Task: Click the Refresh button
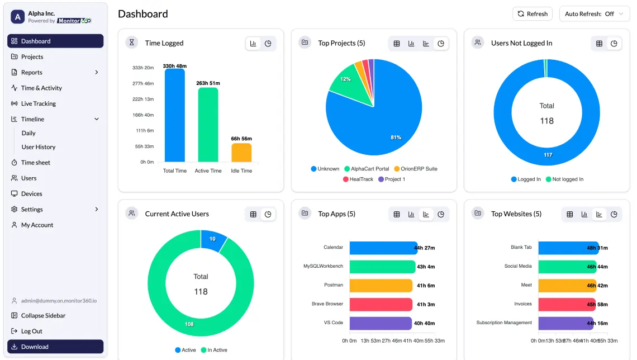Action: pos(532,14)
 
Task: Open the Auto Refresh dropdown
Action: pos(595,14)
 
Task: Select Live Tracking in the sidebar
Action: pos(38,103)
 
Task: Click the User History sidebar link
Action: pos(38,147)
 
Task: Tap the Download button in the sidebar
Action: pos(55,347)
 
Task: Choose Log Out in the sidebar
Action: pos(31,331)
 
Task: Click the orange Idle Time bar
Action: pos(241,153)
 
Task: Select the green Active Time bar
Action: pos(208,125)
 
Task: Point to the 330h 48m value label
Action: pos(174,66)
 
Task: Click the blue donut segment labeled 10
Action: pos(212,239)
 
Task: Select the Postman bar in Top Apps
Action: pos(381,285)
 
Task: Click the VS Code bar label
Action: pos(333,323)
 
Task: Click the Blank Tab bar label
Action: pos(521,248)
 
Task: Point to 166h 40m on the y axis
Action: pos(142,115)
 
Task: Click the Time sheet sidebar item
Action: pos(35,163)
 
